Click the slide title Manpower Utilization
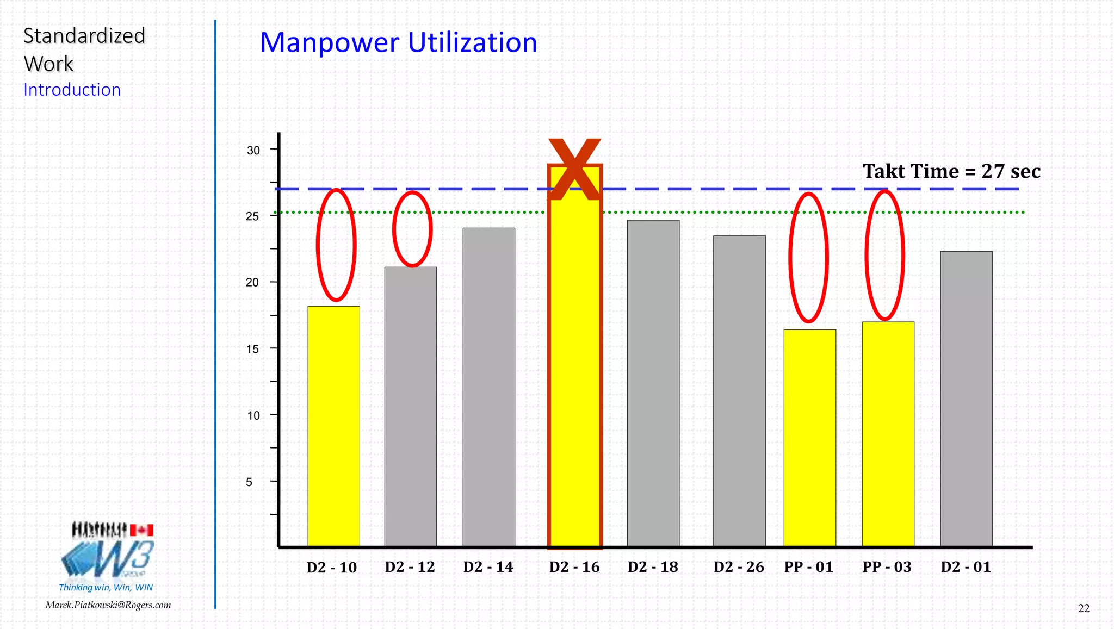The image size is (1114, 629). tap(398, 42)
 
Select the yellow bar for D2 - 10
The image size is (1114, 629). tap(333, 426)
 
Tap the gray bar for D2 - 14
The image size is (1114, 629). tap(488, 387)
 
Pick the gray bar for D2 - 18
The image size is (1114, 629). tap(653, 383)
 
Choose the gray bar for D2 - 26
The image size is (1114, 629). tap(739, 391)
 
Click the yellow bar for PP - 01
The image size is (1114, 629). tap(809, 438)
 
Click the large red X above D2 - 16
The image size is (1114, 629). tap(574, 169)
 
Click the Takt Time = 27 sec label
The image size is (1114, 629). tap(951, 171)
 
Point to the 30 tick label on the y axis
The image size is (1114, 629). tap(253, 150)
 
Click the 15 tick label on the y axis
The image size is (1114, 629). tap(252, 349)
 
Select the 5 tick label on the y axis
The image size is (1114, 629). tap(249, 482)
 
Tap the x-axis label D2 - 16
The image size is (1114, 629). tap(574, 567)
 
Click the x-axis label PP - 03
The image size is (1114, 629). tap(887, 567)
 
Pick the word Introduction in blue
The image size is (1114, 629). tap(72, 90)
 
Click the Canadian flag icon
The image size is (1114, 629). tap(142, 530)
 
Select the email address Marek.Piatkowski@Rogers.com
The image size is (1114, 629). tap(108, 605)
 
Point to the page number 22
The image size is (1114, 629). tap(1084, 608)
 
